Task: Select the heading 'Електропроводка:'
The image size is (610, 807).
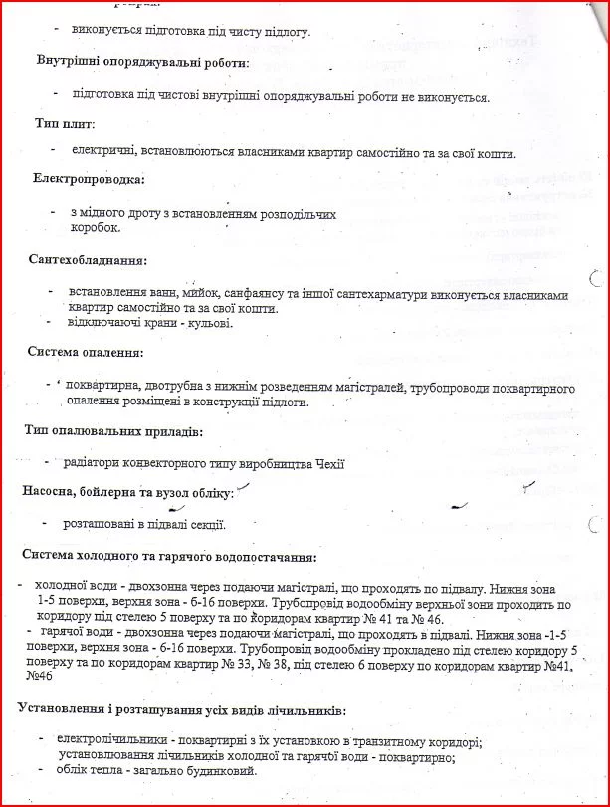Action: click(x=89, y=180)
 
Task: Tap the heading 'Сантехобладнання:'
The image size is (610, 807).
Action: click(x=89, y=261)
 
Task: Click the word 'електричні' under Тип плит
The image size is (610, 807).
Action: click(x=104, y=152)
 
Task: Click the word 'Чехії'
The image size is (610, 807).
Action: click(x=325, y=463)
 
